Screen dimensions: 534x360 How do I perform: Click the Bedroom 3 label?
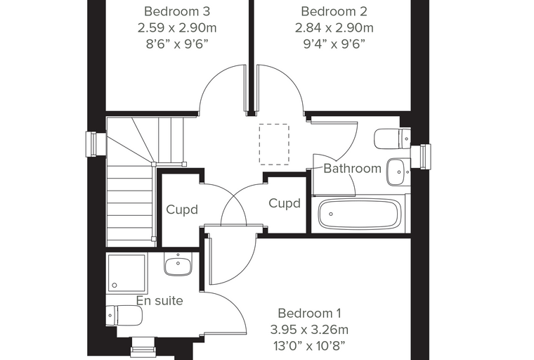tap(177, 11)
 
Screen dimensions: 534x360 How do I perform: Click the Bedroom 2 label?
tap(334, 11)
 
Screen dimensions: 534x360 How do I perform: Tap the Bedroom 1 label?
tap(309, 313)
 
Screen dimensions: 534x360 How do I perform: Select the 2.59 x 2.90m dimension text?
tap(177, 27)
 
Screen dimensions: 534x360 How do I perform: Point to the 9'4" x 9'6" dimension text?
tap(334, 44)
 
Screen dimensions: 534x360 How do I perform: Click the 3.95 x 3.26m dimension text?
tap(309, 330)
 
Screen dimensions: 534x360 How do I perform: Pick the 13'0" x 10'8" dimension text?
tap(309, 346)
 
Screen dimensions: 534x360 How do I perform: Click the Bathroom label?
tap(352, 169)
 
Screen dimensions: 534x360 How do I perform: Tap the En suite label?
tap(159, 301)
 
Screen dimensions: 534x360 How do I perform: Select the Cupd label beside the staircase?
tap(182, 210)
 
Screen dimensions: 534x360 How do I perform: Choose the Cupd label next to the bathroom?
tap(285, 203)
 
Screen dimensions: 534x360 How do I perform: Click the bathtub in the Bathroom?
tap(359, 214)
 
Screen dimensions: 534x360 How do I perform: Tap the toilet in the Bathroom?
tap(392, 139)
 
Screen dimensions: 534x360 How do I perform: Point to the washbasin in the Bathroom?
tap(398, 172)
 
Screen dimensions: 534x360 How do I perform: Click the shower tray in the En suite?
tap(126, 274)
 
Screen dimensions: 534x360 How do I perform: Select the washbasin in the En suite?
tap(178, 264)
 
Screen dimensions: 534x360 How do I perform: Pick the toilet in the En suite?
tap(124, 316)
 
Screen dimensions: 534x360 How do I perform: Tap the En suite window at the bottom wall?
tap(142, 347)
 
